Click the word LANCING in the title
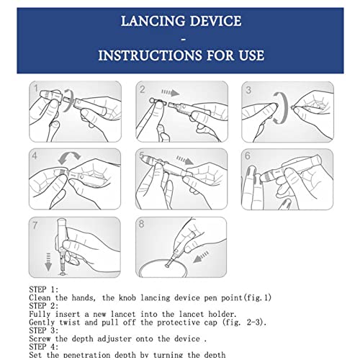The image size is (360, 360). [x=153, y=21]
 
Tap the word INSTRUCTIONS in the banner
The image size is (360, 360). [x=150, y=55]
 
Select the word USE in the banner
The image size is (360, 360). [x=251, y=55]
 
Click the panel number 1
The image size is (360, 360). [x=36, y=89]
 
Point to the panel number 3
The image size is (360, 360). [x=248, y=90]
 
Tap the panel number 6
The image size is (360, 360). [x=248, y=156]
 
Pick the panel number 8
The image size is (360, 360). [x=141, y=224]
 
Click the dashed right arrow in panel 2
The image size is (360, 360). [x=171, y=93]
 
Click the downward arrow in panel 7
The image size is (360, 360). [x=48, y=261]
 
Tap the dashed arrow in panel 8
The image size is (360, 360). [x=201, y=257]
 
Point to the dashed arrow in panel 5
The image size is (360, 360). [x=185, y=160]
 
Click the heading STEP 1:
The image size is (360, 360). [x=44, y=289]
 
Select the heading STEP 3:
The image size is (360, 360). [x=44, y=330]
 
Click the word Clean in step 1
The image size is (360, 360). [x=40, y=298]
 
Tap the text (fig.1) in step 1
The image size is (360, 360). [x=258, y=298]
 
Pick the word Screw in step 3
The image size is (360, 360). [x=40, y=338]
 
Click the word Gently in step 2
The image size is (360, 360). [x=42, y=323]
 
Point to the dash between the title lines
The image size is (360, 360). [x=184, y=38]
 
